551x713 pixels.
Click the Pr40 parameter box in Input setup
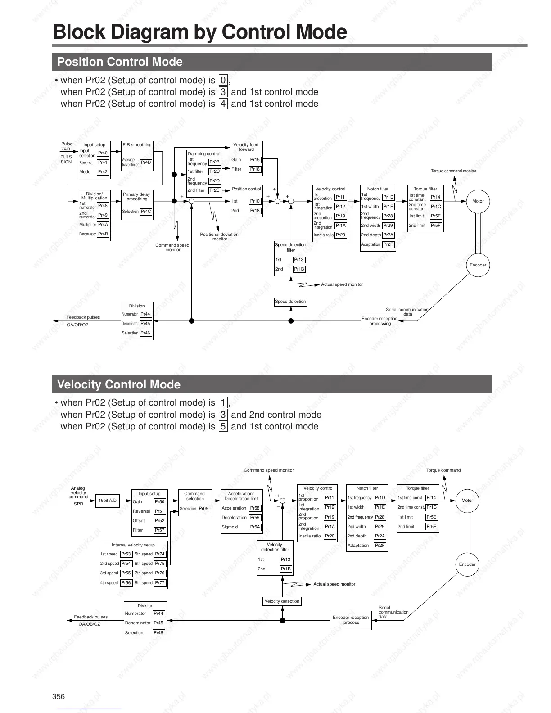103,153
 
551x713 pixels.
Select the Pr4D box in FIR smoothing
146,162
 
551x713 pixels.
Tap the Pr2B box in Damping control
215,162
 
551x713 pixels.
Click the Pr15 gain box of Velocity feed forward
255,160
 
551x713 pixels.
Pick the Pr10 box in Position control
255,201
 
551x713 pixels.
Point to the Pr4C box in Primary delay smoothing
146,212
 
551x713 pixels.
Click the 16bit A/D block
108,501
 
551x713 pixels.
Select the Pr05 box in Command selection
204,509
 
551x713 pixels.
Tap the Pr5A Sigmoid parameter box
255,527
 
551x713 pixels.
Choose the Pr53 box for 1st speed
126,554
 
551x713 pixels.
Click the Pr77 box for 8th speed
160,583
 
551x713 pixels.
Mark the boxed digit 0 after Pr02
223,80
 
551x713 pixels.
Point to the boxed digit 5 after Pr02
223,426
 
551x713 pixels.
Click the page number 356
59,696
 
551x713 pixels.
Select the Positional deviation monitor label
219,236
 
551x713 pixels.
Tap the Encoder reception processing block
379,321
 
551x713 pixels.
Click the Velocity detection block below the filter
282,601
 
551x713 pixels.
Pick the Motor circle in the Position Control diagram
478,201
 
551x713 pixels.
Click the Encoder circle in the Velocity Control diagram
467,564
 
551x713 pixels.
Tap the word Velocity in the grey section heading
79,384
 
